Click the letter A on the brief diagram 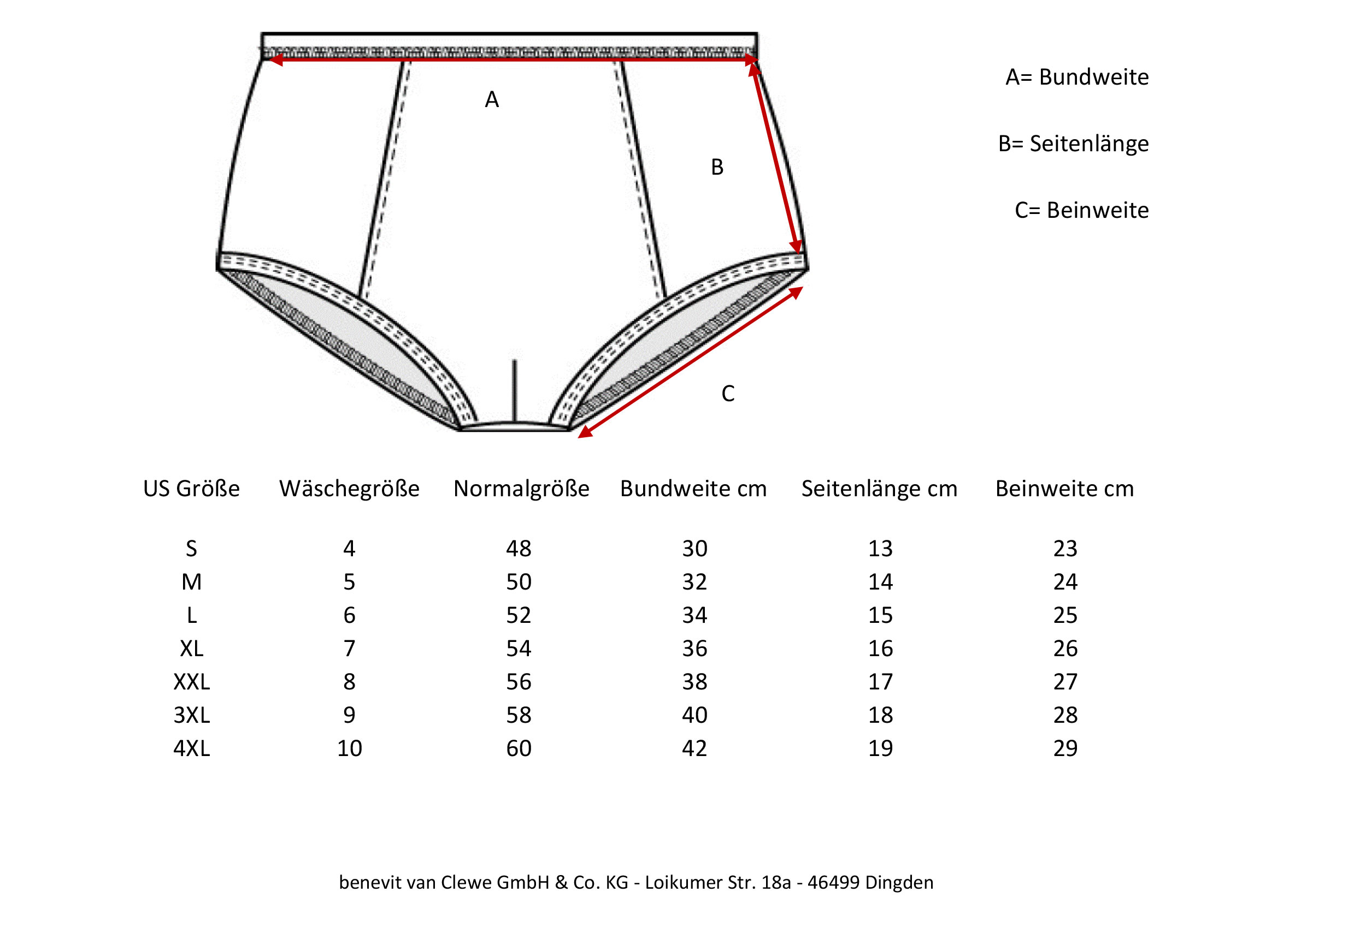tap(492, 100)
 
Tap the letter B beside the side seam tap(717, 168)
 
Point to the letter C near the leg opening tap(728, 394)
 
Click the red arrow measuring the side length tap(775, 157)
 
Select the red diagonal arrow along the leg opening tap(691, 362)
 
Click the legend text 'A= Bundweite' tap(1077, 77)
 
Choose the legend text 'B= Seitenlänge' tap(1073, 144)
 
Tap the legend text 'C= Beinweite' tap(1081, 210)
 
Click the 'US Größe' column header tap(192, 489)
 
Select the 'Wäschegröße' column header tap(349, 489)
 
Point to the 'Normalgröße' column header tap(521, 489)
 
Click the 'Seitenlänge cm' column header tap(879, 489)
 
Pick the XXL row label tap(192, 682)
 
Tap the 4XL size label tap(192, 749)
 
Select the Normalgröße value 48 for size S tap(519, 549)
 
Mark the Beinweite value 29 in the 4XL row tap(1065, 749)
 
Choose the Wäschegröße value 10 tap(349, 749)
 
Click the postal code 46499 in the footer tap(833, 883)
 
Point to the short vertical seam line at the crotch tap(514, 391)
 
